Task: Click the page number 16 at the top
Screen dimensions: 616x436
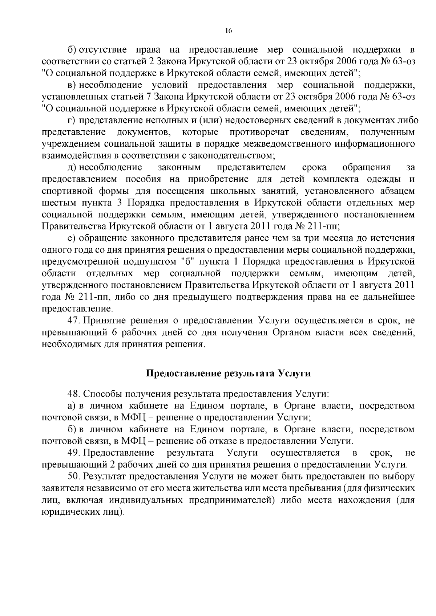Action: pyautogui.click(x=229, y=30)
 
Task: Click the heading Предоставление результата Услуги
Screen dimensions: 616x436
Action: pyautogui.click(x=229, y=374)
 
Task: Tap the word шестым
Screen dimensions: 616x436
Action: pyautogui.click(x=58, y=203)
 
